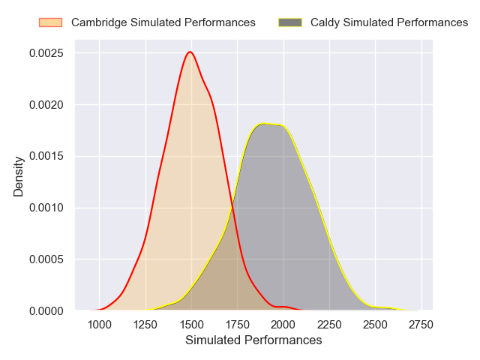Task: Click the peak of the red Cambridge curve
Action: coord(190,52)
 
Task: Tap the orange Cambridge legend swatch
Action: coord(51,22)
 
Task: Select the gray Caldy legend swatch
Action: coord(289,22)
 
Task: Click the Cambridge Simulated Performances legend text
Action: coord(163,22)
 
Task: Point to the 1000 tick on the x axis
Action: coord(99,324)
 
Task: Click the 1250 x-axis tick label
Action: coord(145,324)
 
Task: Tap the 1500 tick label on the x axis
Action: coord(191,324)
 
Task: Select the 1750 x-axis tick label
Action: coord(238,324)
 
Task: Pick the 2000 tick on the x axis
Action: coord(283,324)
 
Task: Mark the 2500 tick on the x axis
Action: coord(376,324)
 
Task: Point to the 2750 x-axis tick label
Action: coord(421,324)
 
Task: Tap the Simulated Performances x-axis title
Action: coord(253,340)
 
